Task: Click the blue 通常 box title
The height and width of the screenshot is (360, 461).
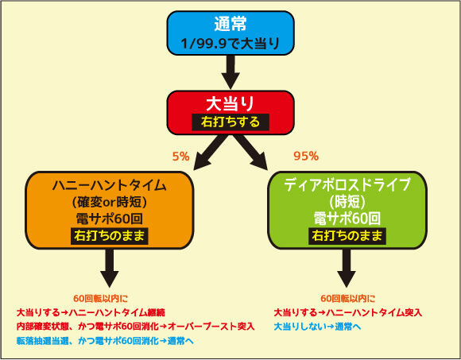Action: pos(230,24)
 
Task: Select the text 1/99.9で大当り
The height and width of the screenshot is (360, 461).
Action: pos(230,44)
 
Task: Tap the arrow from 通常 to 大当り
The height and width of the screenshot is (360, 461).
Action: pos(230,72)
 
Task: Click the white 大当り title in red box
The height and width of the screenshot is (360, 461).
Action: pos(230,103)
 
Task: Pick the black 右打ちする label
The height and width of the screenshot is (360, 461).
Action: pos(230,122)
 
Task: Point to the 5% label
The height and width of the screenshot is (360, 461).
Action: pos(180,157)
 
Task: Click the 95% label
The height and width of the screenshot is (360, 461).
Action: pos(306,156)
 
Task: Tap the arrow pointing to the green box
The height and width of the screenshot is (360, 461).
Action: pos(250,152)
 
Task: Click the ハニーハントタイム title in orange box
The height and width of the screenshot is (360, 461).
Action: pos(110,185)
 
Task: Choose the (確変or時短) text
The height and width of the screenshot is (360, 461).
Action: pos(110,202)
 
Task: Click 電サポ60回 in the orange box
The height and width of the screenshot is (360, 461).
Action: pos(110,219)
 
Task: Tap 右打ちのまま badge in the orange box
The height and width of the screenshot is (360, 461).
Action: pos(110,236)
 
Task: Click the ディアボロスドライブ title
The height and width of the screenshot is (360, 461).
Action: pos(347,184)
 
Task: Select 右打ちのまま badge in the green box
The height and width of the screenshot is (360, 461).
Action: pos(347,236)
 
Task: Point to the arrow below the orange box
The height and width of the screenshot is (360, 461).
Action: pos(110,268)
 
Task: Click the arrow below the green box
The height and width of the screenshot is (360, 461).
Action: pos(347,268)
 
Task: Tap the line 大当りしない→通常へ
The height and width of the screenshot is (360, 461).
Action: pos(317,327)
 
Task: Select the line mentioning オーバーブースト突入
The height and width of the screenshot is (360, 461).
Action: pos(136,327)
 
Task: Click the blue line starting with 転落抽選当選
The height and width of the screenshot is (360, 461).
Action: pos(105,341)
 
